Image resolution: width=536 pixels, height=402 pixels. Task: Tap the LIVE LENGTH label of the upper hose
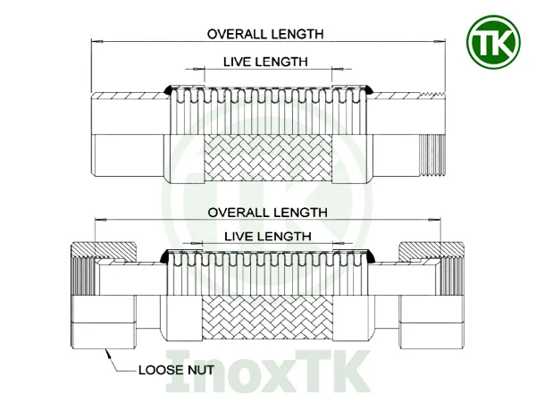tap(264, 62)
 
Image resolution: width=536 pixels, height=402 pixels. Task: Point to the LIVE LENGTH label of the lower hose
tap(266, 236)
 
